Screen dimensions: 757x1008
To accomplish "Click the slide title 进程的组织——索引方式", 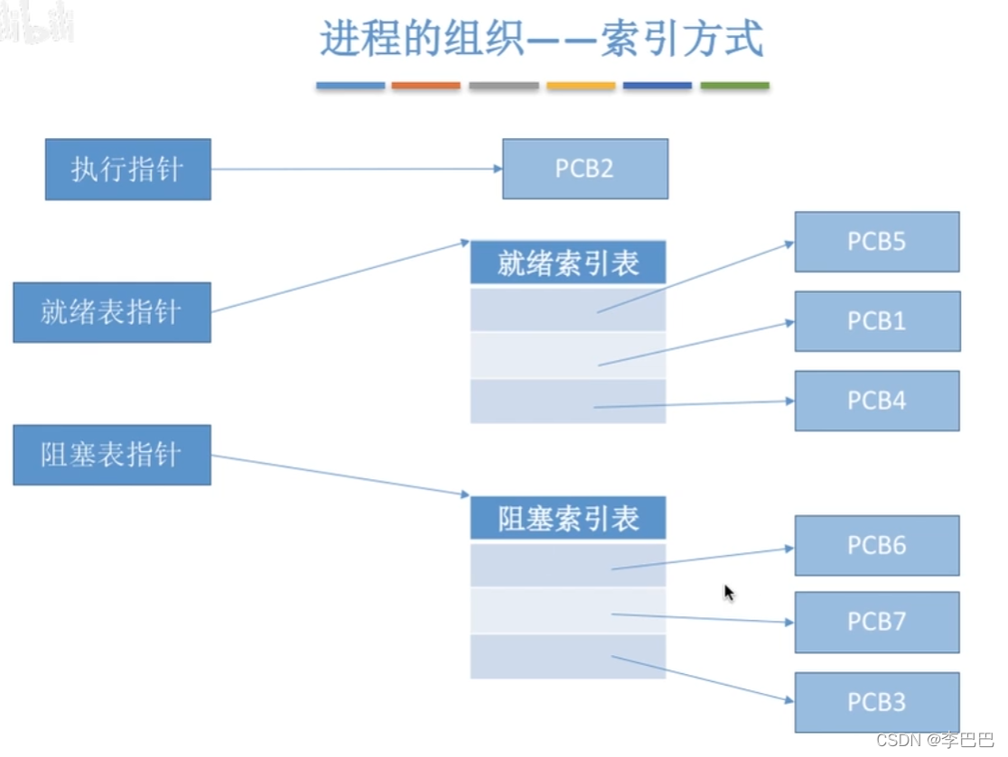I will pos(542,41).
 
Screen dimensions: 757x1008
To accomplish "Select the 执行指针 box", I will pos(127,169).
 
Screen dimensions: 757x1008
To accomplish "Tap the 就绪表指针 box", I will pos(111,312).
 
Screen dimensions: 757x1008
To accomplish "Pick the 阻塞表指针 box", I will pos(111,455).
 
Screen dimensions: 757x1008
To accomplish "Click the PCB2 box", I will pos(584,169).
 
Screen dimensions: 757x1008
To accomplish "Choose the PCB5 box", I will pos(876,242).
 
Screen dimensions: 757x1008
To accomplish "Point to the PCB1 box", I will pos(876,321).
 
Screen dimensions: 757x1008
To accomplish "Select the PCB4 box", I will pos(876,401).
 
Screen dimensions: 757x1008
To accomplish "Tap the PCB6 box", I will pos(876,546).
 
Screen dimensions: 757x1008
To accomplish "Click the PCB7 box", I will pos(876,622).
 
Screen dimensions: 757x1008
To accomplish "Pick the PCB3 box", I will pos(876,702).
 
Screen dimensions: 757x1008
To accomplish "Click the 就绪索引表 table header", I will pos(568,263).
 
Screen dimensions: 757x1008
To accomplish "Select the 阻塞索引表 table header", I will pos(568,519).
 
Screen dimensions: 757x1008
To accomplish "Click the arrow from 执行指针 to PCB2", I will pos(356,169).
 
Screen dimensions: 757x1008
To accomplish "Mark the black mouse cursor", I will pos(728,592).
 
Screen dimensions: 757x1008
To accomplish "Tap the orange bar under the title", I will pos(425,86).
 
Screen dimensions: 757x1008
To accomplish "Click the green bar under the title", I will pos(734,86).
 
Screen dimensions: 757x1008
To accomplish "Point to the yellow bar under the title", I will pos(581,86).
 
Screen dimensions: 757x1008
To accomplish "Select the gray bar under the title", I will pos(503,86).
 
